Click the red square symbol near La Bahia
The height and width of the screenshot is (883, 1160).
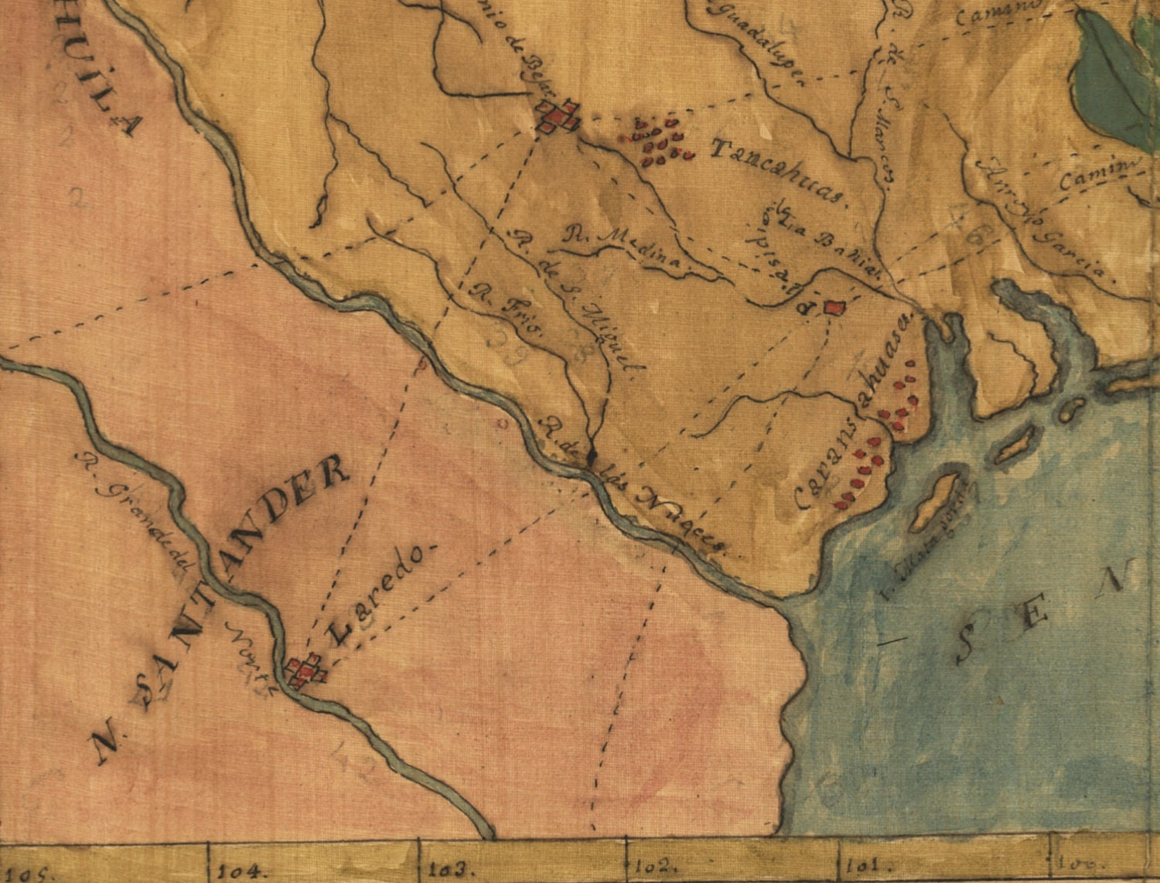coord(833,307)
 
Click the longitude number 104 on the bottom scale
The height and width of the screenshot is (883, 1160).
coord(241,870)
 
